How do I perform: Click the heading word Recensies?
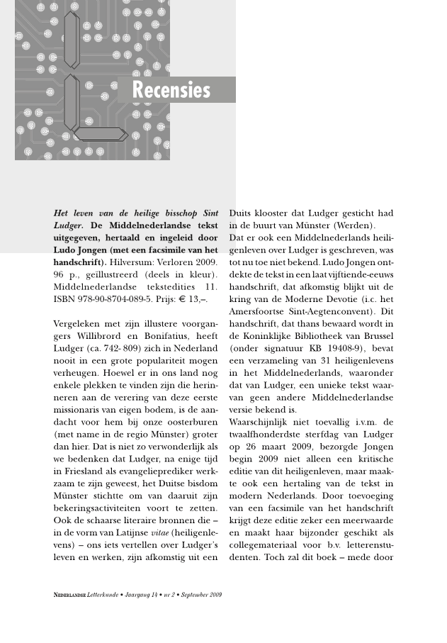(171, 91)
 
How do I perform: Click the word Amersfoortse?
(259, 311)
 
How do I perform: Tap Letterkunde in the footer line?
(104, 594)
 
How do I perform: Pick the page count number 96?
(60, 274)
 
